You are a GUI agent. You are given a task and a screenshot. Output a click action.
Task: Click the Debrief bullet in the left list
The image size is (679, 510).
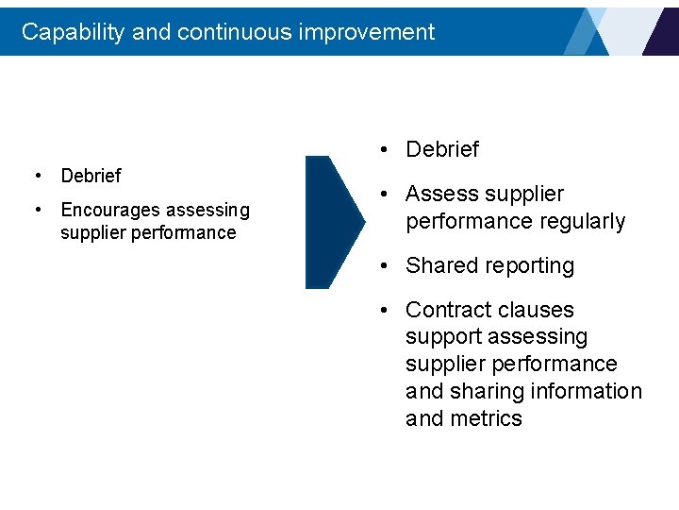[x=91, y=176]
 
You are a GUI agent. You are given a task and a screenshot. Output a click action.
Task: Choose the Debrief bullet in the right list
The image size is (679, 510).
[x=441, y=149]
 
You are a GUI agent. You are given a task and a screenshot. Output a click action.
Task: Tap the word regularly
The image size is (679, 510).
[x=580, y=222]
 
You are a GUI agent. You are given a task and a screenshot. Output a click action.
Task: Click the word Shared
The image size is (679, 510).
[x=439, y=266]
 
